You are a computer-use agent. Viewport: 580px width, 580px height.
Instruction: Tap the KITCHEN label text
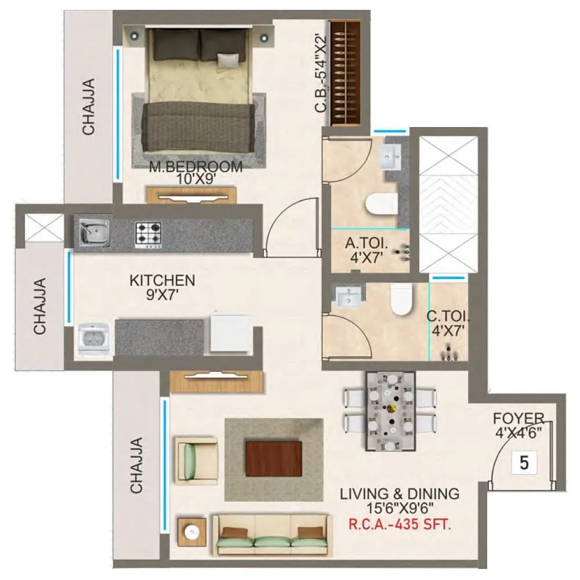click(162, 281)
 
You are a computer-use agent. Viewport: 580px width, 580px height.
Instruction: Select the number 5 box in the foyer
click(524, 463)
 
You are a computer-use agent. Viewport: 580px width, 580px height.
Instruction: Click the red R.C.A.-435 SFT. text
click(400, 526)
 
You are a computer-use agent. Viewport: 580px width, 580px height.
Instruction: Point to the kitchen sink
click(92, 233)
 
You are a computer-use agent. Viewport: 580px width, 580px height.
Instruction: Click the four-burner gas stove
click(148, 234)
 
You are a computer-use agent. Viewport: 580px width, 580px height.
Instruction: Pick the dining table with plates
click(390, 411)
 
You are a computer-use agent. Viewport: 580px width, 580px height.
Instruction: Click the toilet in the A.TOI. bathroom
click(382, 204)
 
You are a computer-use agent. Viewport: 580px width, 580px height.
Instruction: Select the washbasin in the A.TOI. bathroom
click(389, 155)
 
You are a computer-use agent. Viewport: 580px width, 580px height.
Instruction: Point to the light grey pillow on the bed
click(227, 59)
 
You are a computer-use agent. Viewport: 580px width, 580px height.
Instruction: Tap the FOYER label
click(518, 418)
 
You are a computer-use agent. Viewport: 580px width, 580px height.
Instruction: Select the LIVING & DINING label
click(400, 494)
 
